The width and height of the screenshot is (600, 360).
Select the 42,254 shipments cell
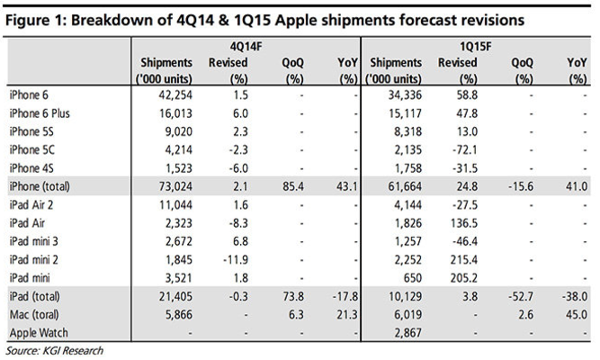172,93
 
